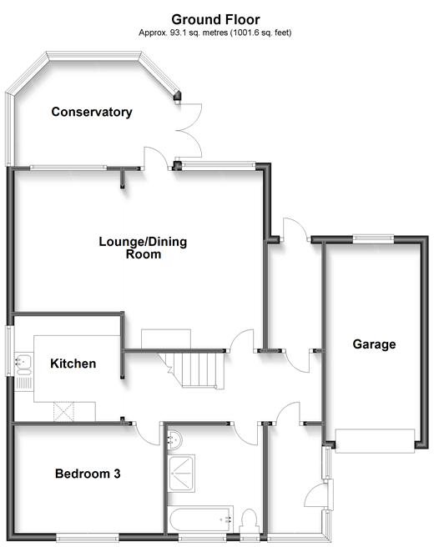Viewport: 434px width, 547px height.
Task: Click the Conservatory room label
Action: (92, 112)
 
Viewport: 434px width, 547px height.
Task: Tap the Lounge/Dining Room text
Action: (143, 248)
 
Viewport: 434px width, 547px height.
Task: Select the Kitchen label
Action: (73, 364)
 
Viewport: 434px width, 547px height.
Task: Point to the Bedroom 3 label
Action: (88, 474)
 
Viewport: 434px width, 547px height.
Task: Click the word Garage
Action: (374, 344)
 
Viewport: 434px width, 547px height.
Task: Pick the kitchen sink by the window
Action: (23, 363)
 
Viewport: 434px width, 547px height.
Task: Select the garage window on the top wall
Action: (366, 240)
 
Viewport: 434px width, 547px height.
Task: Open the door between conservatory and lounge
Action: (155, 159)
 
